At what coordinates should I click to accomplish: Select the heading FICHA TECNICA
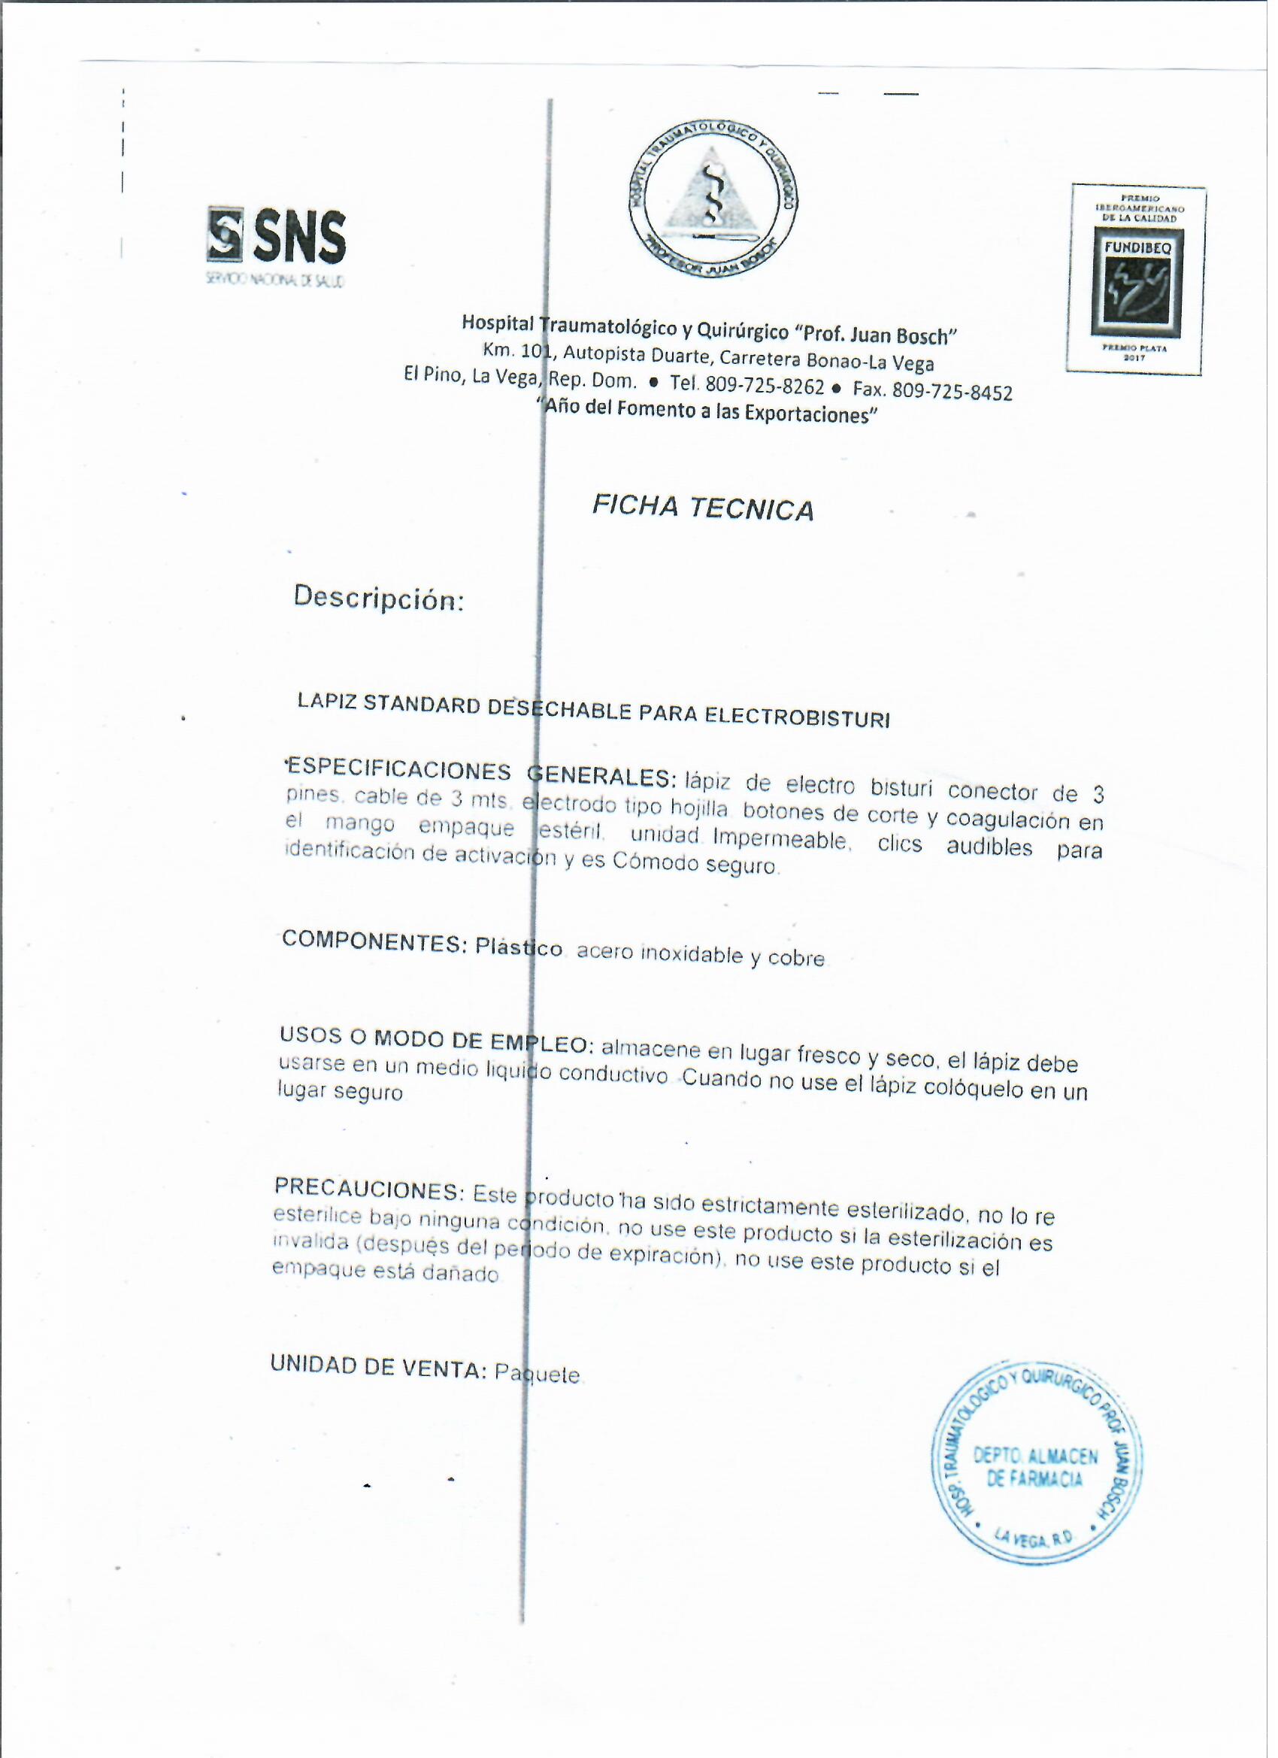(703, 508)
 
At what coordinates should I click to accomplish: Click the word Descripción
(378, 599)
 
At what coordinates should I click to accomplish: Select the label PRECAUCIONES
(368, 1189)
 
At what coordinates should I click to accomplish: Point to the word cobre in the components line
(796, 959)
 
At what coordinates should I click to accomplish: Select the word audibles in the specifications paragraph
(989, 847)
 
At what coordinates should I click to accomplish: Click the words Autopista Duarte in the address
(637, 356)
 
